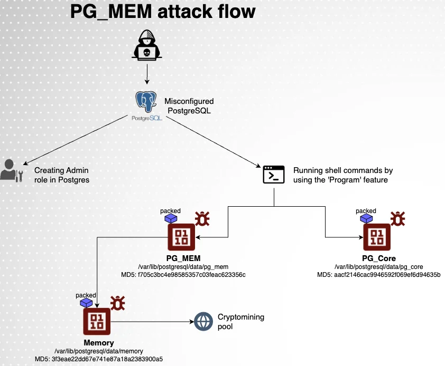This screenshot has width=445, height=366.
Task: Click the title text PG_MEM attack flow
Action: point(163,12)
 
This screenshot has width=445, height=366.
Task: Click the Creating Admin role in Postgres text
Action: point(61,175)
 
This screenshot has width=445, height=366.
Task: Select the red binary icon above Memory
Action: point(96,321)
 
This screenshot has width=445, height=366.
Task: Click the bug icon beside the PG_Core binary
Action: point(398,218)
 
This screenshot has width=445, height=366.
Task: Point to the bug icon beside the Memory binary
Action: point(117,303)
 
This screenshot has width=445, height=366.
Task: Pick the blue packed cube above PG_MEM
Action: point(170,218)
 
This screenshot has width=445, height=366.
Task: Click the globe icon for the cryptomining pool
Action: point(203,321)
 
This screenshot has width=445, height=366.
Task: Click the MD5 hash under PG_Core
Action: point(378,275)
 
